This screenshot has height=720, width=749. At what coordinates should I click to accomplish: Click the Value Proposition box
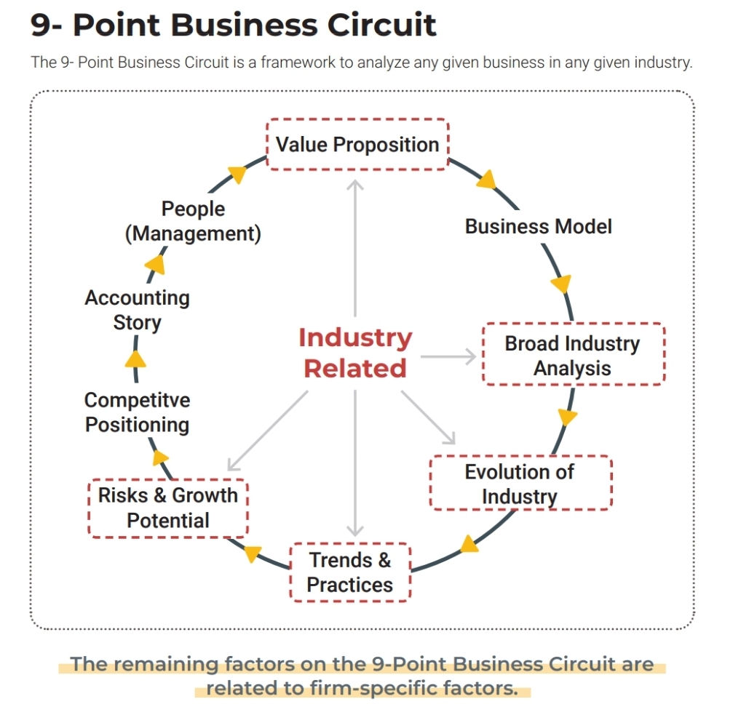[357, 144]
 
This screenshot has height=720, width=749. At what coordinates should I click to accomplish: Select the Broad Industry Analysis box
[573, 355]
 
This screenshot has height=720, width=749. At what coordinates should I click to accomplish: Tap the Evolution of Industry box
[520, 484]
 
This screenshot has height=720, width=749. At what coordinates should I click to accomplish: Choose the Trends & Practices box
[350, 572]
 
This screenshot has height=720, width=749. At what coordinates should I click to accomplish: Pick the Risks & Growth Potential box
[168, 508]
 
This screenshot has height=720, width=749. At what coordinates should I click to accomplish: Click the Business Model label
[538, 226]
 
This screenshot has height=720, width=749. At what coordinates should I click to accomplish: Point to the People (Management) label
[193, 221]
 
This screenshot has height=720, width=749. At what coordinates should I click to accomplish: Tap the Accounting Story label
[137, 310]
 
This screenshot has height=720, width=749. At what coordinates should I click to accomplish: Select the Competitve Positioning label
[137, 412]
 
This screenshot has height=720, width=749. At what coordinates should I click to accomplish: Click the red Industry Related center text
[355, 353]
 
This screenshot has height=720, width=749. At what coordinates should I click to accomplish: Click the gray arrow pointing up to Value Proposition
[355, 247]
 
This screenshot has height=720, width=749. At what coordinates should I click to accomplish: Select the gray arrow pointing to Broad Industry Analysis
[448, 356]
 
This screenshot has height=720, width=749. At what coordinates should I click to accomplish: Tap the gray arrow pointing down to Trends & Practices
[355, 465]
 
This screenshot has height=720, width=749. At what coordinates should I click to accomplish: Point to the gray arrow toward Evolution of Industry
[429, 417]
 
